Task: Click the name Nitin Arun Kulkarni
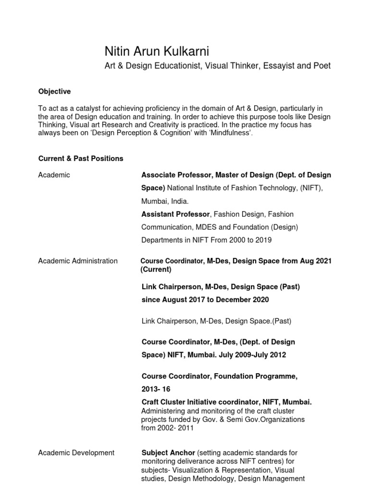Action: click(157, 51)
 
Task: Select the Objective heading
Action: click(54, 91)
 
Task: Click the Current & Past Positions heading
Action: click(81, 158)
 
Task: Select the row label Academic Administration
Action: click(78, 261)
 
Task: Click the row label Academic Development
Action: click(76, 453)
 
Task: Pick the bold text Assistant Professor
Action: click(175, 214)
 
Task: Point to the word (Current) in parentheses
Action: click(157, 270)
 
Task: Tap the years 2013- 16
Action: click(156, 389)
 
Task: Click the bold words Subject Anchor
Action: click(168, 453)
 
